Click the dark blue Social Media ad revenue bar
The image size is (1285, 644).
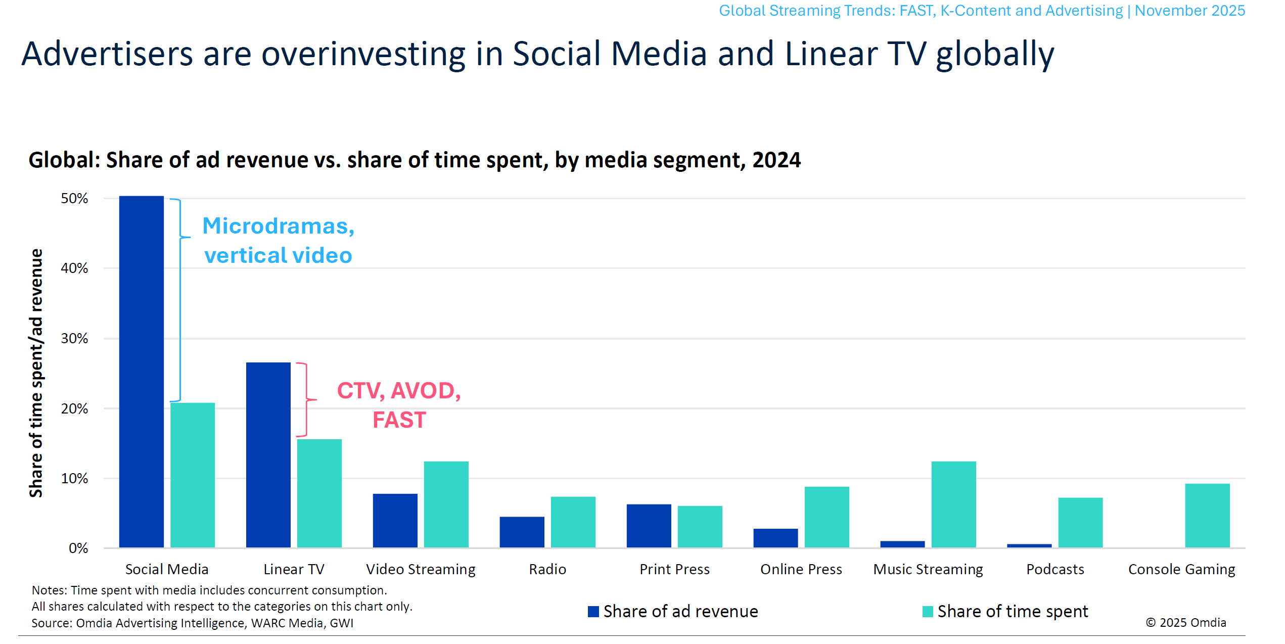point(142,372)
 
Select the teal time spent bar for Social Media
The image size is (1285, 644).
point(193,475)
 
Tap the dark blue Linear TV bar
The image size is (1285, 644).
point(268,455)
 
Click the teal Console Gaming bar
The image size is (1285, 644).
point(1207,516)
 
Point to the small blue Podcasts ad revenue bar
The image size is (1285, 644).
point(1029,545)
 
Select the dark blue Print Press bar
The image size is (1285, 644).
point(649,526)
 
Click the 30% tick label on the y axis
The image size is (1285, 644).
point(74,338)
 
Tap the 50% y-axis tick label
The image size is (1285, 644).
point(74,198)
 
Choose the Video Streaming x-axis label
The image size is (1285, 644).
point(421,569)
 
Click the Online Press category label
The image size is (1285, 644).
point(801,569)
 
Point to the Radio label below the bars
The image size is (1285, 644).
point(547,569)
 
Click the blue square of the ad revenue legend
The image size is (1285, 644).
point(593,612)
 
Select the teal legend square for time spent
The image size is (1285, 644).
point(928,612)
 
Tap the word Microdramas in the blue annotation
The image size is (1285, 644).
point(278,225)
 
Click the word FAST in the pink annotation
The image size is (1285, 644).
point(399,420)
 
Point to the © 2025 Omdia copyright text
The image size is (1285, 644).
point(1186,622)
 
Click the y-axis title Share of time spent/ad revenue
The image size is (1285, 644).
point(36,373)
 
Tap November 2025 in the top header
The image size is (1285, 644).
point(1190,11)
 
